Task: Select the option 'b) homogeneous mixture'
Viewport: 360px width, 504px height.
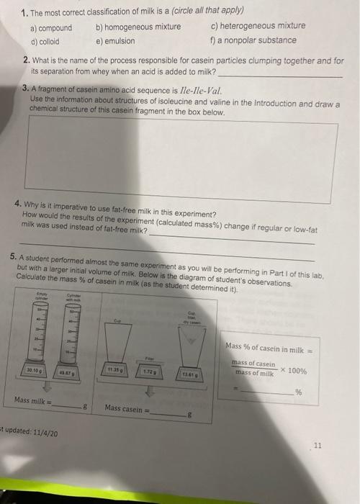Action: tap(138, 27)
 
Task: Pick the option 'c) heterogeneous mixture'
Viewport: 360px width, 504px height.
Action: tap(258, 25)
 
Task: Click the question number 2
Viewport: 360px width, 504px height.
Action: tap(26, 60)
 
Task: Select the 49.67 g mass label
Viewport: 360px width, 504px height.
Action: tap(69, 371)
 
